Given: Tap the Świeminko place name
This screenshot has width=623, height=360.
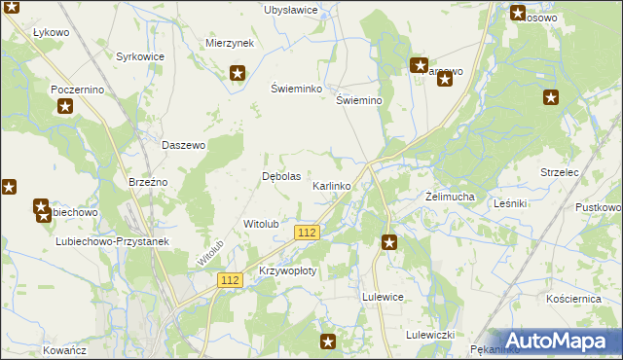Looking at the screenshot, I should click(x=295, y=87).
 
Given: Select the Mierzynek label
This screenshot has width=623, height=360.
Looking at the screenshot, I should click(x=230, y=44).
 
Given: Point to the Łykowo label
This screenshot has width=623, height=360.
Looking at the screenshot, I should click(x=51, y=32).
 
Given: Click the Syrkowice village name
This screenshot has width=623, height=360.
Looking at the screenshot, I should click(x=140, y=57).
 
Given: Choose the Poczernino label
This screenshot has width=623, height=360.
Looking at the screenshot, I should click(x=77, y=89).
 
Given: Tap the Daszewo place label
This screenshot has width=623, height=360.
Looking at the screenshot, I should click(x=183, y=145).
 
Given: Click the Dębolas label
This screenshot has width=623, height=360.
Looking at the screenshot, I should click(x=282, y=176).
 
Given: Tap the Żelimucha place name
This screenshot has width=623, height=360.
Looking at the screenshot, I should click(x=450, y=197).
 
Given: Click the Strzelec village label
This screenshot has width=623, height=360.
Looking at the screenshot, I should click(x=560, y=172).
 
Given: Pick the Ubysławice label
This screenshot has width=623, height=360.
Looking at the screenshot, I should click(x=291, y=10).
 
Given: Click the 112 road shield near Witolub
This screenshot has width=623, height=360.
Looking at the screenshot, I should click(x=307, y=232).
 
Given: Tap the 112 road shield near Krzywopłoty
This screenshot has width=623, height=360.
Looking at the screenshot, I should click(x=230, y=280).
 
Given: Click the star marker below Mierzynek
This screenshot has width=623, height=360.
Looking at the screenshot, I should click(x=238, y=72).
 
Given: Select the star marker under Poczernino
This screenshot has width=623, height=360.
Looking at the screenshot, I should click(x=64, y=105).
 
